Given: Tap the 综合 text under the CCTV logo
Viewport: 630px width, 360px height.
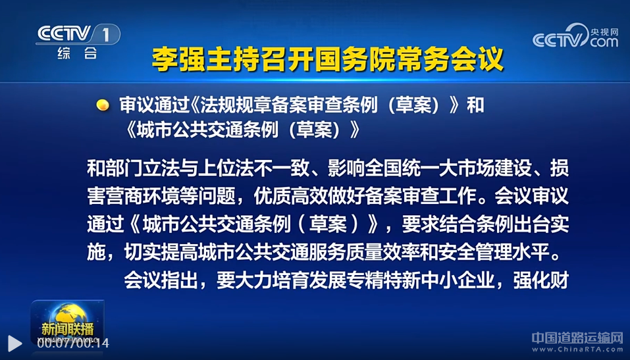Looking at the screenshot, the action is [x=77, y=53].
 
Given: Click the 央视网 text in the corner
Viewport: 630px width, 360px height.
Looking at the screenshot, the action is [x=604, y=32].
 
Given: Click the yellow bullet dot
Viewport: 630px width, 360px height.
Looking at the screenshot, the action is [x=103, y=105].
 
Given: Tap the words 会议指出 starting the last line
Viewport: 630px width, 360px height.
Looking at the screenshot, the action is [x=161, y=281].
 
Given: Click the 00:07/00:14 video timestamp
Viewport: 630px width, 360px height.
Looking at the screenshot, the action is [x=73, y=343].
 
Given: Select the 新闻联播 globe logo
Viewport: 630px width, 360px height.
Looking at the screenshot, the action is [x=68, y=321].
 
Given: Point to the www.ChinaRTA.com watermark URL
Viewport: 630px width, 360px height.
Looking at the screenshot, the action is [x=577, y=349].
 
